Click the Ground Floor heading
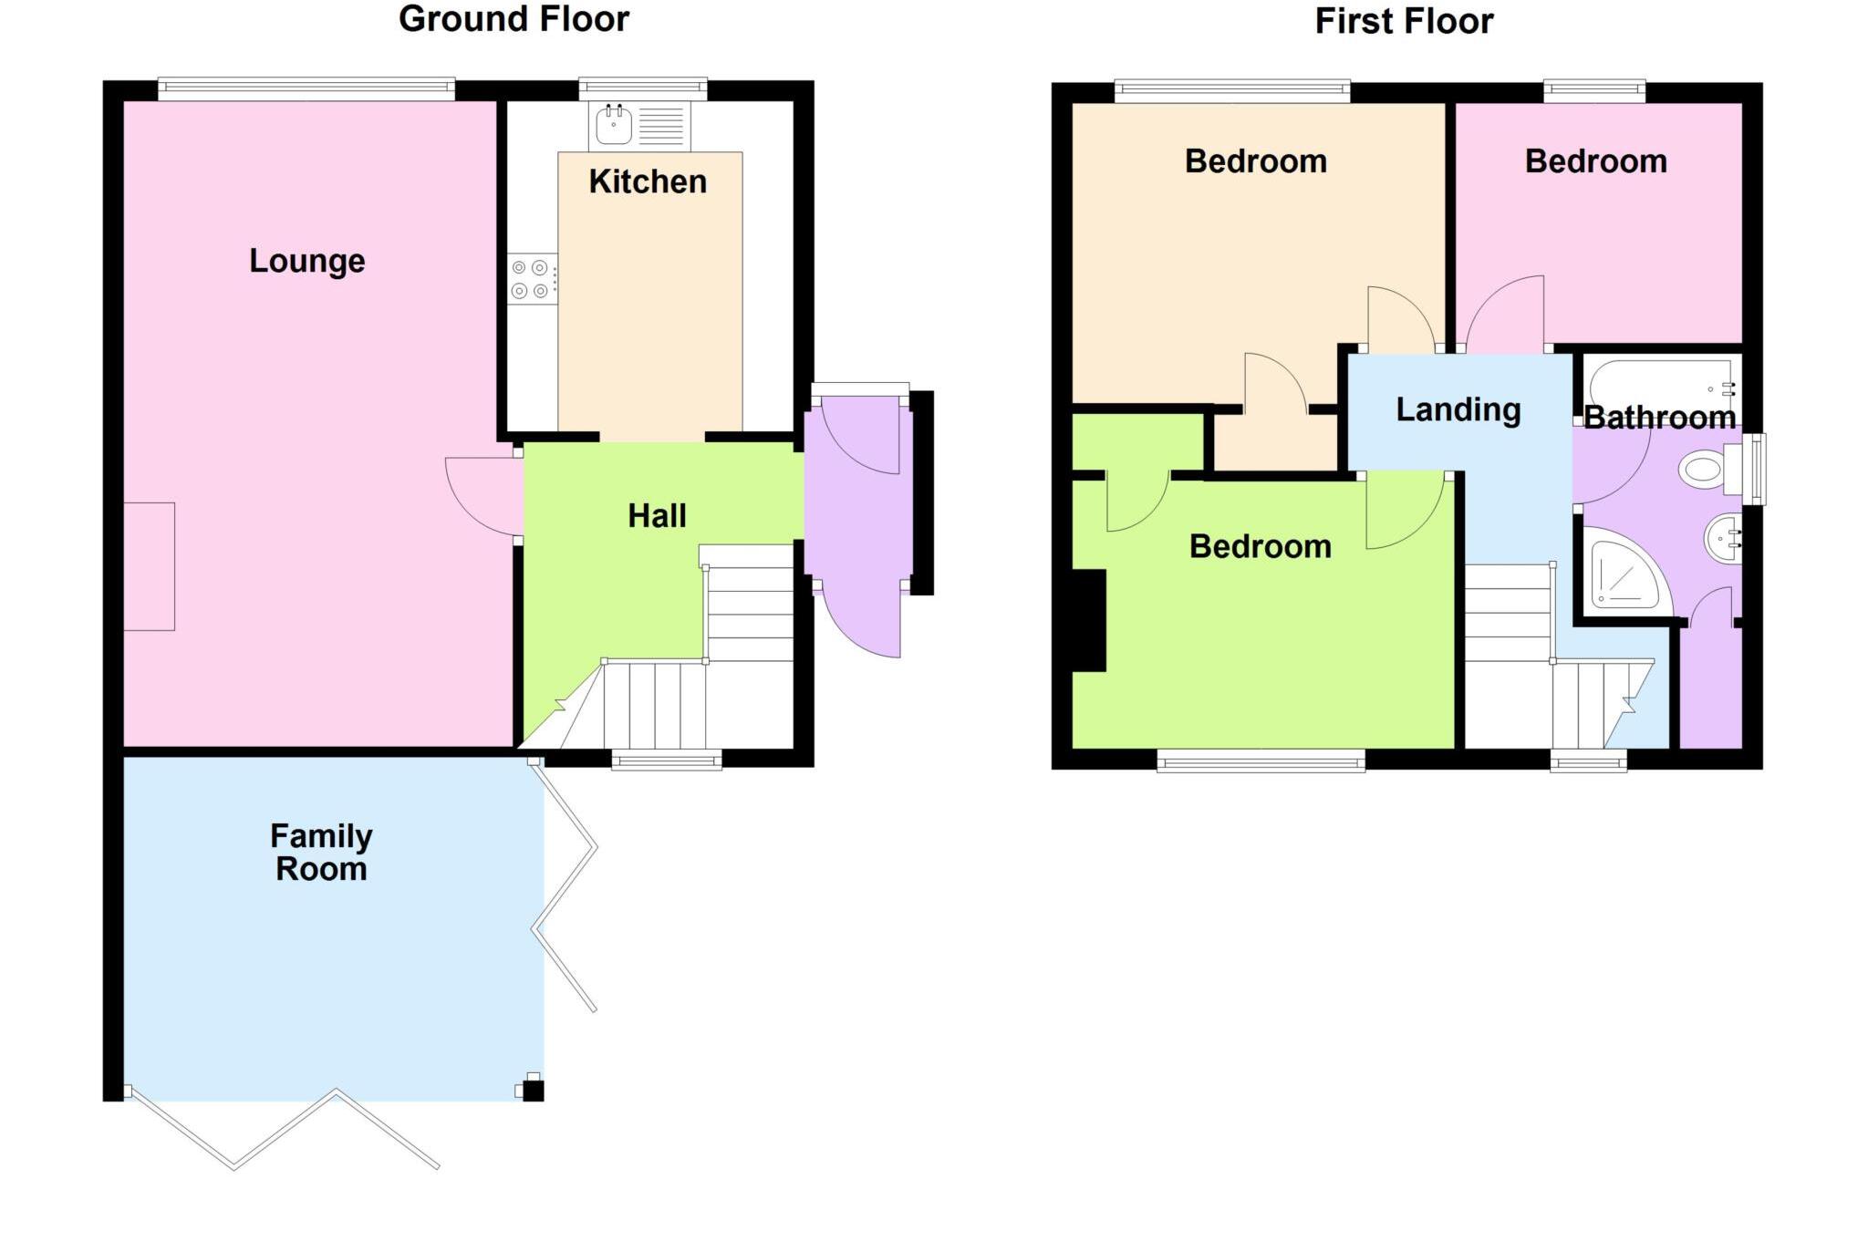[x=514, y=19]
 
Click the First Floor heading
[x=1403, y=21]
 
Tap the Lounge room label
[x=307, y=261]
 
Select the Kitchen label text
[x=648, y=181]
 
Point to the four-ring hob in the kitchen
[x=531, y=279]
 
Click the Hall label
[x=657, y=516]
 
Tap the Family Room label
[x=321, y=852]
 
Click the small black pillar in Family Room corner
[x=533, y=1090]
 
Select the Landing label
[x=1458, y=409]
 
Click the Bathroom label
[x=1659, y=418]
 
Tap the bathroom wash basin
[x=1723, y=538]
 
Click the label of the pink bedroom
[x=1595, y=161]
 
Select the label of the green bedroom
[x=1260, y=546]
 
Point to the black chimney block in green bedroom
[x=1088, y=621]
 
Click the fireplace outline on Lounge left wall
[x=149, y=566]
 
